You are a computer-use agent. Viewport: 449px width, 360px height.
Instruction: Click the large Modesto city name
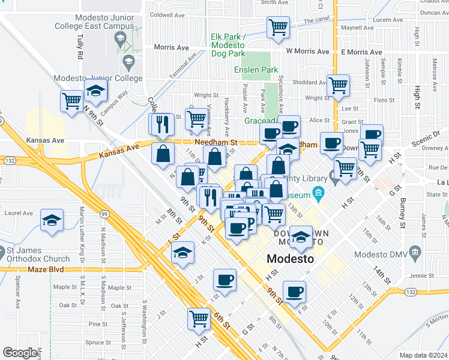pos(290,259)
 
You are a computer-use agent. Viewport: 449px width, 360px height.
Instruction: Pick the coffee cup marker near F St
pos(294,292)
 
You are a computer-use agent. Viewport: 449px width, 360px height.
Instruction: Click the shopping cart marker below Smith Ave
pos(278,27)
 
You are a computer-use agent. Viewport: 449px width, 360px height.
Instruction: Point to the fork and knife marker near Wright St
pos(162,124)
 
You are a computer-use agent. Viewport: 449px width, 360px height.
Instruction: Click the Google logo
pos(19,353)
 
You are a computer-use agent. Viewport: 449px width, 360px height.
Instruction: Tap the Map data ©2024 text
pos(423,355)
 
